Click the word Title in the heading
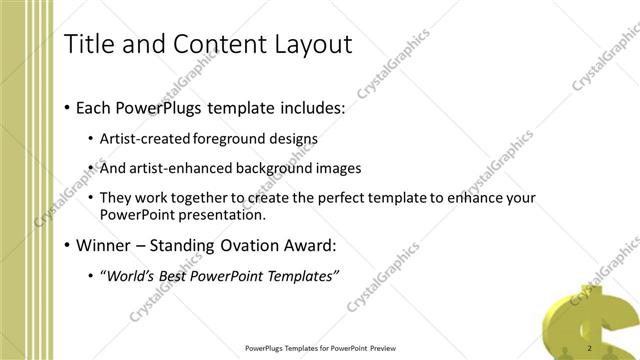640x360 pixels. point(87,44)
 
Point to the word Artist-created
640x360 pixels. point(141,138)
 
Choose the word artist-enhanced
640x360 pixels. point(177,168)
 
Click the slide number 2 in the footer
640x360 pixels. point(590,348)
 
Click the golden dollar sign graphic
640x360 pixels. point(591,320)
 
